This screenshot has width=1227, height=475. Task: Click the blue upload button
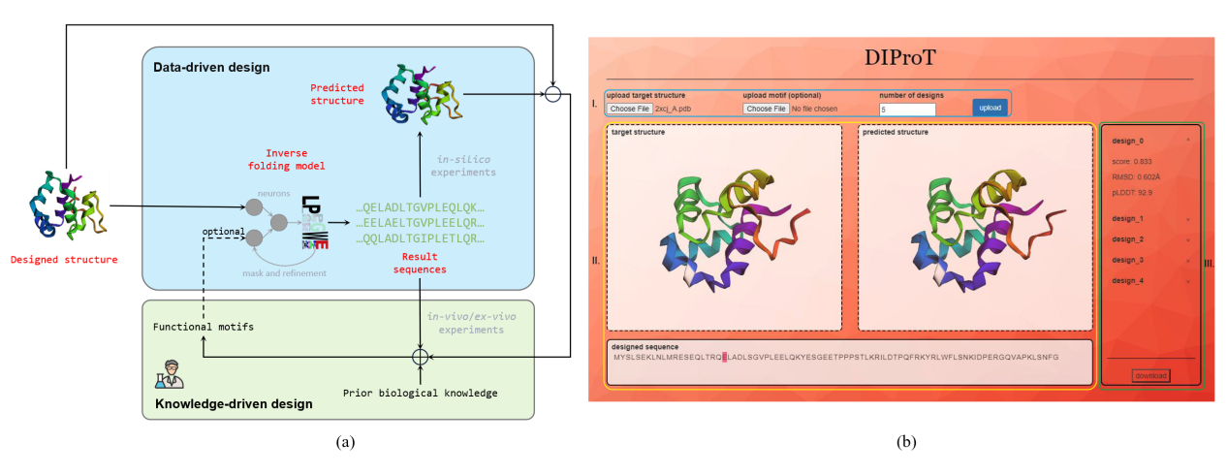point(990,108)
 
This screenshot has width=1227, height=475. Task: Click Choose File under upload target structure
point(630,109)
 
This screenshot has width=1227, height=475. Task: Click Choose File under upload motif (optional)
point(766,109)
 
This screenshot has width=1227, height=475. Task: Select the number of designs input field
point(907,110)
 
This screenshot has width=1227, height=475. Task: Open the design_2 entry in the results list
point(1128,239)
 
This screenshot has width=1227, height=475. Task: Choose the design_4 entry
point(1128,281)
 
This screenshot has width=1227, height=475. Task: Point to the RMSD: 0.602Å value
point(1136,176)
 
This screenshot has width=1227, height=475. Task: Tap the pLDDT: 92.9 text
point(1131,193)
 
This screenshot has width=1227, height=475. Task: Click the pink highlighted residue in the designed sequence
point(724,357)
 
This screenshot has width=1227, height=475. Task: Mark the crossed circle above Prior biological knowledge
point(419,357)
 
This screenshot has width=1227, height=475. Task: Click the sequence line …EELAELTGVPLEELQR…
point(420,223)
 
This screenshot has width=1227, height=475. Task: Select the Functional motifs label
point(204,327)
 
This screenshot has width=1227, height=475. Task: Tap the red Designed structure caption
point(64,260)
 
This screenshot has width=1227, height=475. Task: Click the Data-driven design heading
point(211,67)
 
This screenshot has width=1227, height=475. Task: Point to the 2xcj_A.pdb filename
point(673,109)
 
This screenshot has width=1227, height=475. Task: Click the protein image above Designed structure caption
point(65,206)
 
